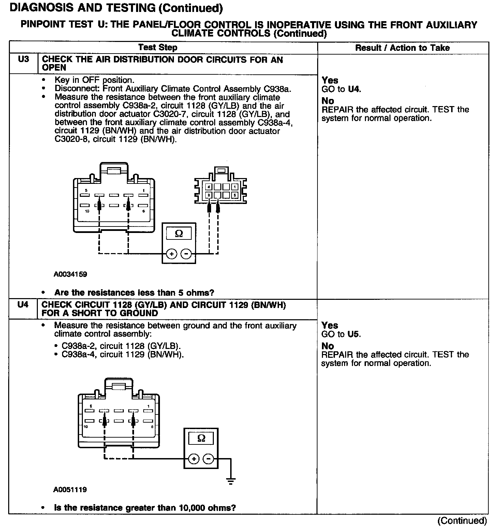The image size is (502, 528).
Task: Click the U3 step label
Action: pyautogui.click(x=23, y=59)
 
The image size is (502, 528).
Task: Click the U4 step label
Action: pyautogui.click(x=23, y=305)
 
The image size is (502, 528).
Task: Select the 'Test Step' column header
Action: pyautogui.click(x=158, y=48)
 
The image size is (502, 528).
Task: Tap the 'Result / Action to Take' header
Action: pyautogui.click(x=402, y=48)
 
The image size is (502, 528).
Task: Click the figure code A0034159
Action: pyautogui.click(x=70, y=274)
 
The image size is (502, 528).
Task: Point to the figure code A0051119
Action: pyautogui.click(x=70, y=490)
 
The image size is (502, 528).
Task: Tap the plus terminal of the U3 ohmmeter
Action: pyautogui.click(x=172, y=254)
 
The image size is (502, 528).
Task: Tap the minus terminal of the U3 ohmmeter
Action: pyautogui.click(x=186, y=254)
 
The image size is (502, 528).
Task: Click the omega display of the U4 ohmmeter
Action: pyautogui.click(x=201, y=438)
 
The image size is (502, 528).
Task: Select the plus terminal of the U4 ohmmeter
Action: pyautogui.click(x=194, y=459)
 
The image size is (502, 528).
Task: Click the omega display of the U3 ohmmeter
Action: pyautogui.click(x=179, y=234)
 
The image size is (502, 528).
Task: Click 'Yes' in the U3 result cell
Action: pyautogui.click(x=330, y=80)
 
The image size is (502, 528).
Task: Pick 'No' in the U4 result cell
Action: pyautogui.click(x=328, y=346)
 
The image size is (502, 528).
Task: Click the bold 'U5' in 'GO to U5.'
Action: pyautogui.click(x=354, y=334)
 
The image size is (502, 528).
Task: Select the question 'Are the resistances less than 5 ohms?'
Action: pyautogui.click(x=134, y=293)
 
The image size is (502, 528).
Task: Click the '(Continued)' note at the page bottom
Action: pyautogui.click(x=462, y=520)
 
